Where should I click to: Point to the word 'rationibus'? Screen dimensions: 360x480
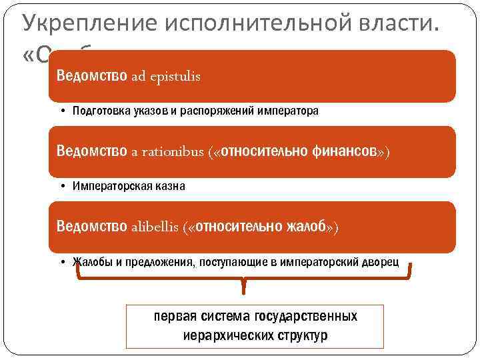pyautogui.click(x=171, y=152)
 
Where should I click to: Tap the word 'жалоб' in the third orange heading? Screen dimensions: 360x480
pyautogui.click(x=304, y=227)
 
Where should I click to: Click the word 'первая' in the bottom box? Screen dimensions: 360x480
pyautogui.click(x=172, y=316)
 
